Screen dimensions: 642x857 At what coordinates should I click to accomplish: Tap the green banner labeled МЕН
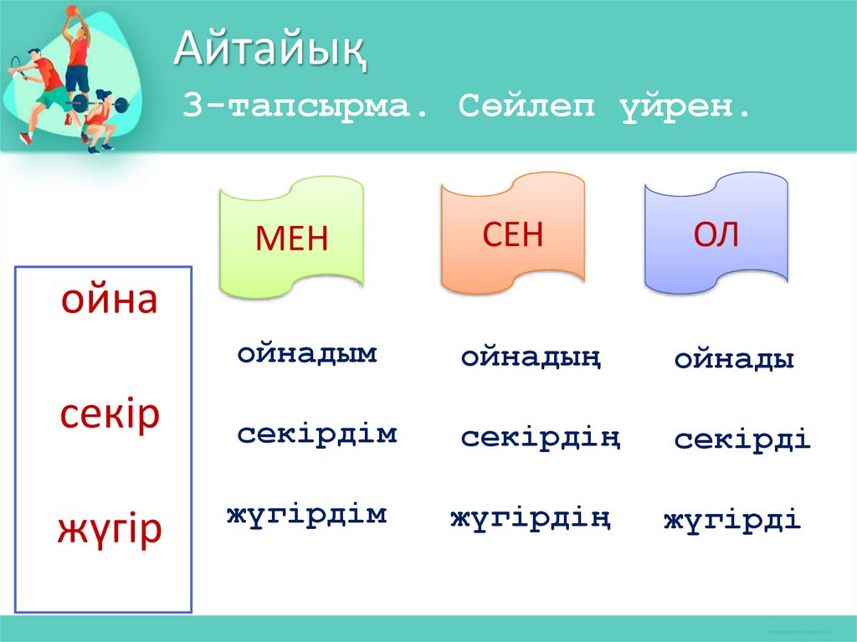point(291,239)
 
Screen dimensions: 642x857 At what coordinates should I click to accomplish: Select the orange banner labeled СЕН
point(512,235)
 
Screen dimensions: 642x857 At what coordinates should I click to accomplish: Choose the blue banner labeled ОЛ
point(716,235)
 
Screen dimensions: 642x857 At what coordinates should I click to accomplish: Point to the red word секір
point(109,415)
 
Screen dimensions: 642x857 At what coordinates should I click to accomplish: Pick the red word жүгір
point(109,530)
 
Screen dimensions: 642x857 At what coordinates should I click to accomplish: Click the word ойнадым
point(307,353)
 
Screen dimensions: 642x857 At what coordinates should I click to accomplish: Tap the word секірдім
point(316,434)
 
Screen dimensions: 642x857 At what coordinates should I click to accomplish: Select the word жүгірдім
point(306,514)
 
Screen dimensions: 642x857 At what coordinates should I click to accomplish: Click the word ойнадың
point(531,358)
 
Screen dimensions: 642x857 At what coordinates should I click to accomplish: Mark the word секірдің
point(540,437)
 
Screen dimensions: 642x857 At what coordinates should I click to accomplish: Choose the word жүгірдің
point(530,519)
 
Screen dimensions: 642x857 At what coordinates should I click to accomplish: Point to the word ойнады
point(734,360)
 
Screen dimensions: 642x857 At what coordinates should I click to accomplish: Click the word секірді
point(742,439)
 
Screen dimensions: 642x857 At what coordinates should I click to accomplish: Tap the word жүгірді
point(732,521)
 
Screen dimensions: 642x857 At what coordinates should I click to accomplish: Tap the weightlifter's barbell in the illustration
point(94,105)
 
